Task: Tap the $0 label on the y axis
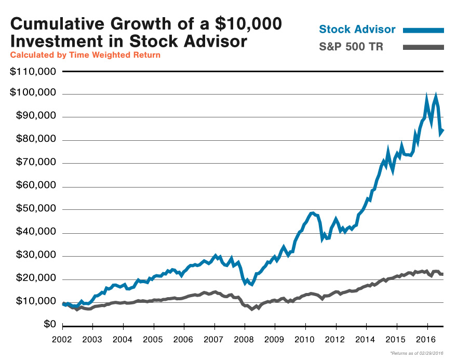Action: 49,325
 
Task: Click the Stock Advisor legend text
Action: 357,29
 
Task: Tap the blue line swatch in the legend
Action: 423,30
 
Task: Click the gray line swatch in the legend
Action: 423,48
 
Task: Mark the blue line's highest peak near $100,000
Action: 436,96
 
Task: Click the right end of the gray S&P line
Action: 443,274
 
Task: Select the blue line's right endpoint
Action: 443,130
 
